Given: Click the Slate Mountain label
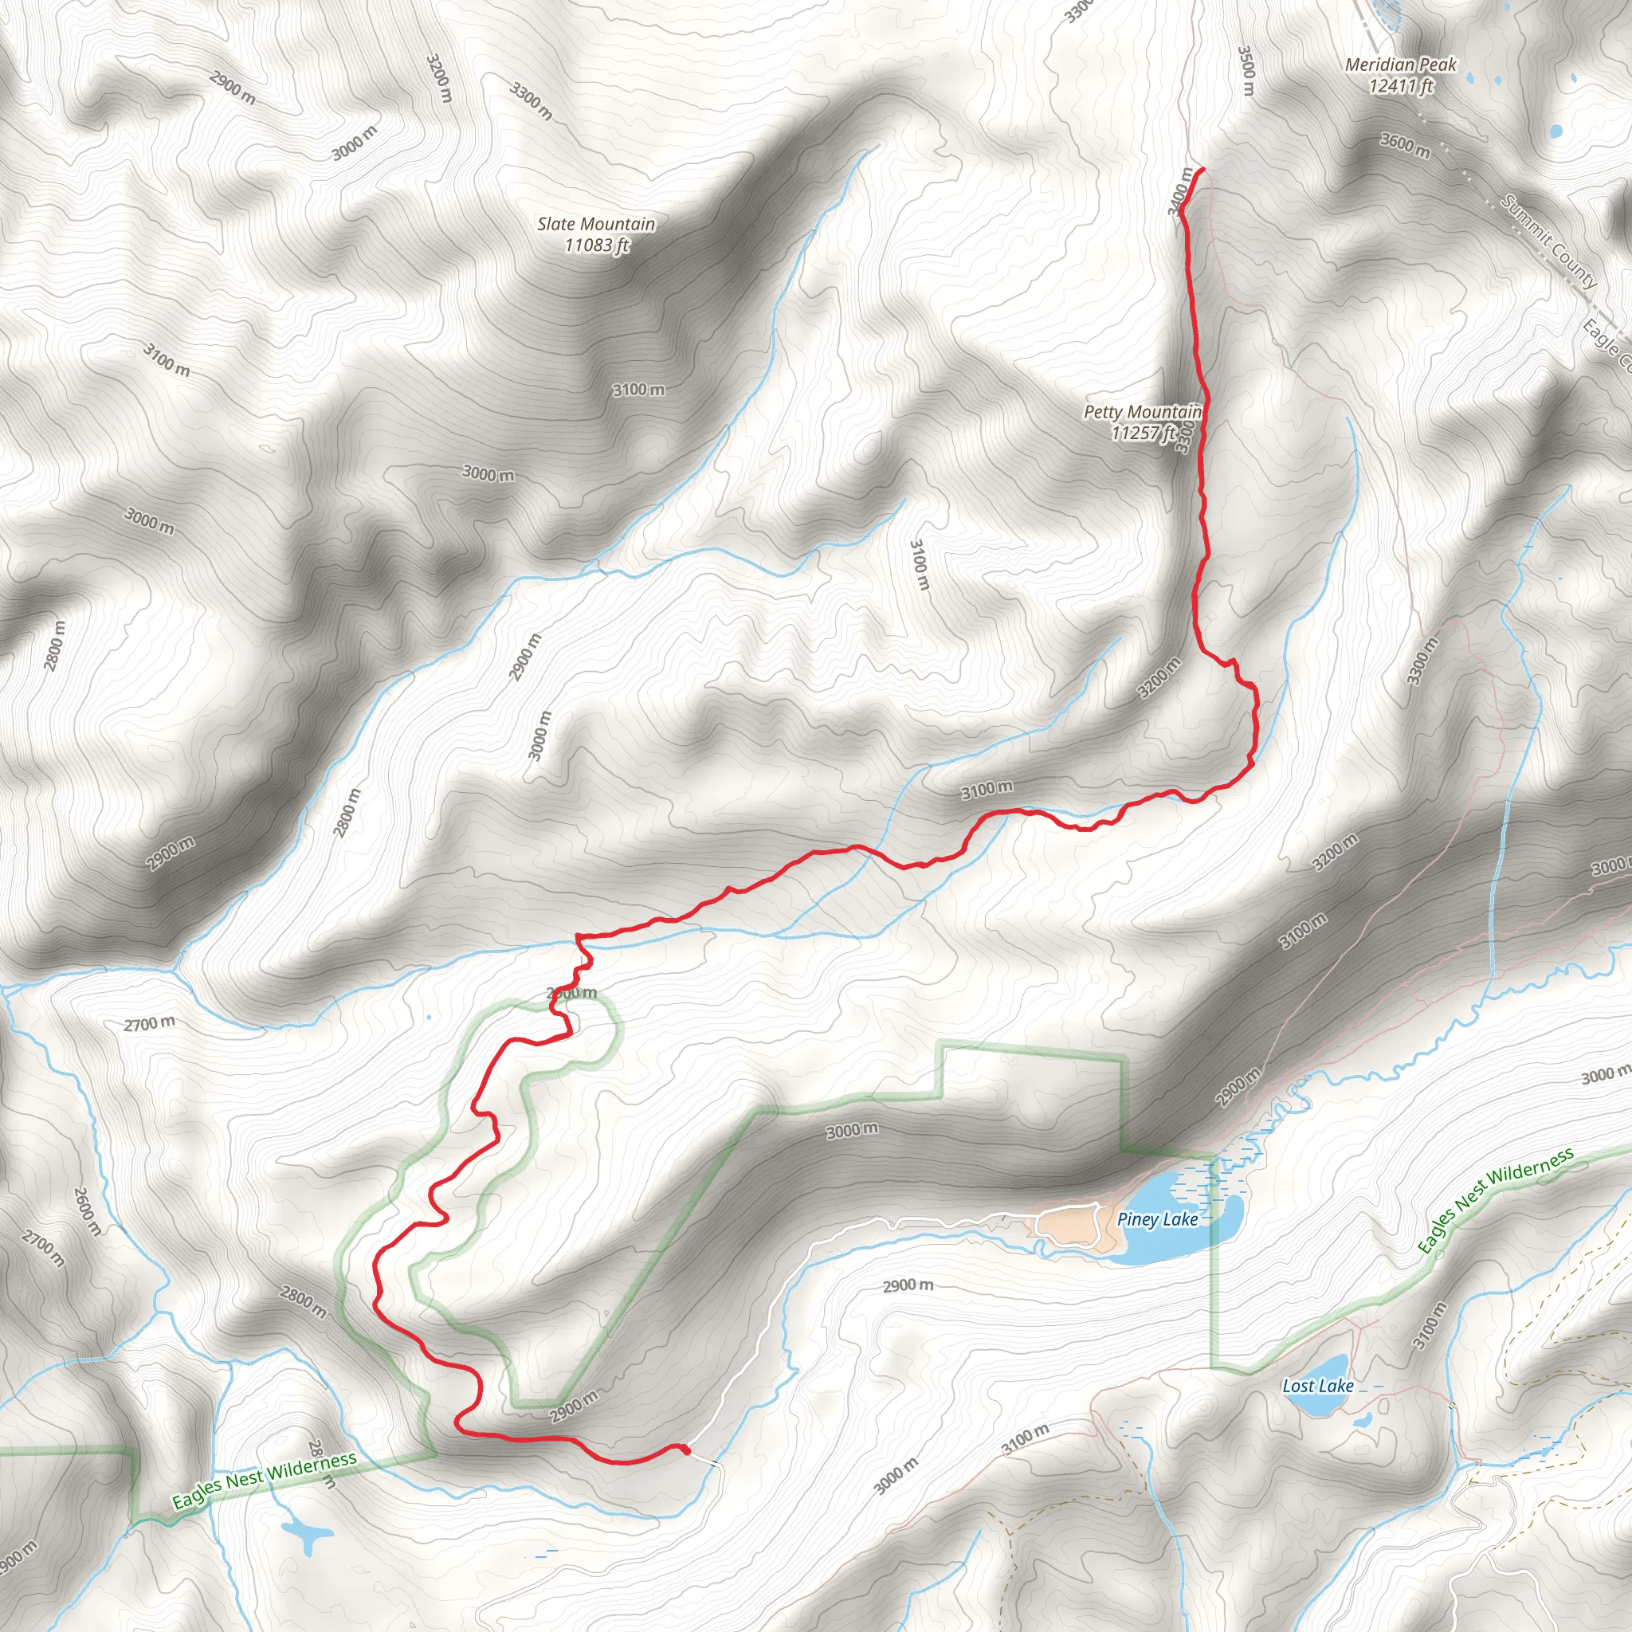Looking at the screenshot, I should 595,224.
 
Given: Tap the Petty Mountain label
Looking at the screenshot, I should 1142,412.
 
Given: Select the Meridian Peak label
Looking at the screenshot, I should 1401,65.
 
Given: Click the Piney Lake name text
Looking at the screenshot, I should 1156,1219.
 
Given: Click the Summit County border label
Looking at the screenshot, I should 1549,241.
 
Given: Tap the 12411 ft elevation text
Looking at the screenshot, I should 1402,85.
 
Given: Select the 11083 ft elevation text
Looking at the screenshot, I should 596,245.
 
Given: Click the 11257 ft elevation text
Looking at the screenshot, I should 1142,433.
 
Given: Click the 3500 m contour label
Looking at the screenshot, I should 1246,70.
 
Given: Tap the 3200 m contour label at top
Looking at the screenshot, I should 438,78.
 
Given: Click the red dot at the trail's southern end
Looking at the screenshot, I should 685,1450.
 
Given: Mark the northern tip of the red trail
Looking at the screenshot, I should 1201,171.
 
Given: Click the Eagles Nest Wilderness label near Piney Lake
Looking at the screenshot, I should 1494,1199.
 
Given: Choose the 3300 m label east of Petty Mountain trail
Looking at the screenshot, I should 1422,661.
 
